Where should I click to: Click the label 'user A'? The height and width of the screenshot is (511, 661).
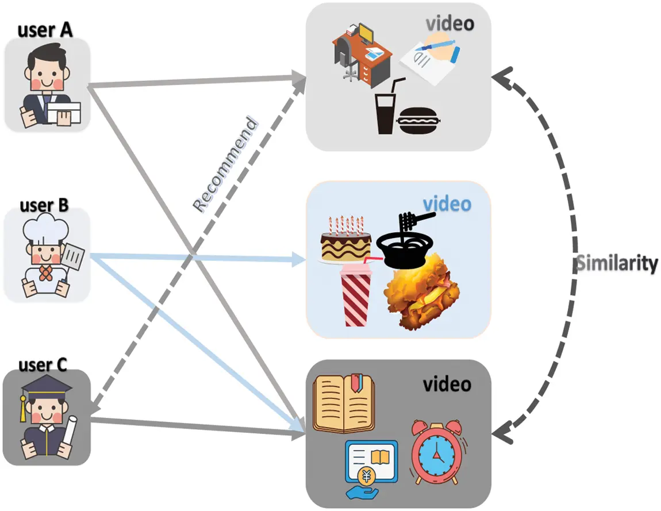[x=45, y=29]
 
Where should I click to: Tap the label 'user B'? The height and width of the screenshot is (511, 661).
[x=44, y=205]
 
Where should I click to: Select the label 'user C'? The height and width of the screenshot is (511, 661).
[x=43, y=364]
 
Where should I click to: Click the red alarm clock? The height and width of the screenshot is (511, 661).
[x=436, y=452]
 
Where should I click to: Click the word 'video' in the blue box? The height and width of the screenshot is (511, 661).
[x=447, y=204]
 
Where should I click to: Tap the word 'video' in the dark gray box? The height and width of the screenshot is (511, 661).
[x=447, y=383]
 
